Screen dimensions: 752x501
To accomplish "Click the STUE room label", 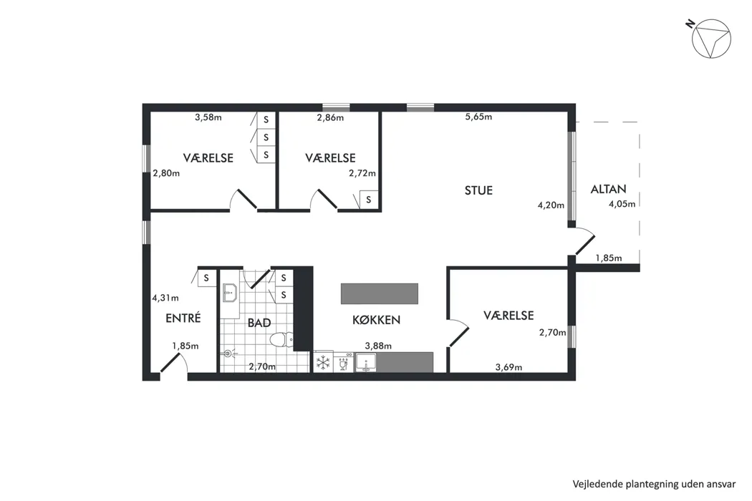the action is coord(478,190).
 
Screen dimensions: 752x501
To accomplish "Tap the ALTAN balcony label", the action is coord(608,189).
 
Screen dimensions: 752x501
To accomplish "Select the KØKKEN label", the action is coord(376,320).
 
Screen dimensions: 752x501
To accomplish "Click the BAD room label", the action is coord(259,323).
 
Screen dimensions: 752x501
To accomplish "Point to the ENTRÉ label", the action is coord(183,318).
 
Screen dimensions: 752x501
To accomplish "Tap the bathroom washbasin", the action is coord(230,293).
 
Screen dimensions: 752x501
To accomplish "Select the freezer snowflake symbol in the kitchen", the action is coord(323,362).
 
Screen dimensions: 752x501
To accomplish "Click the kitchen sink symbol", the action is coord(366,363).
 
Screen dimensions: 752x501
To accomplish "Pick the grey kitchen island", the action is coord(380,293).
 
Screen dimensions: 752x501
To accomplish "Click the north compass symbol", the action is coord(710,39).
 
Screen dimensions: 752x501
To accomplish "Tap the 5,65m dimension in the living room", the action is coord(478,117).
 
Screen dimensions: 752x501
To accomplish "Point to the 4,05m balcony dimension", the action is coord(622,204).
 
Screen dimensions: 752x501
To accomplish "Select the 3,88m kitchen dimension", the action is coord(378,346).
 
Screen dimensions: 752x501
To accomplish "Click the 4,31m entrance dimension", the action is coord(165,298).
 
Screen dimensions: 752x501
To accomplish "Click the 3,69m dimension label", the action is coord(508,368).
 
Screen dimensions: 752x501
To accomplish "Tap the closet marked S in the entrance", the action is coord(206,278).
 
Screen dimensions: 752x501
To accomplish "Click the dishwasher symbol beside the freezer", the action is coord(343,363).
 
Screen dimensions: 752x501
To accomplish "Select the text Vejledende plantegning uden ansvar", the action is coord(654,485).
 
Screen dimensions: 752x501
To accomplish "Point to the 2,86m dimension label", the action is coord(330,117).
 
